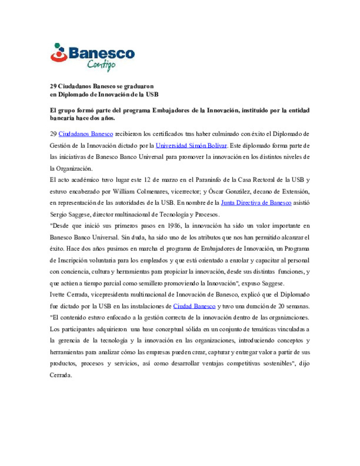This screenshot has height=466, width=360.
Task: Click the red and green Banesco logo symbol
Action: pos(59,53)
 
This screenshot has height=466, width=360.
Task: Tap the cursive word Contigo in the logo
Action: pos(101,64)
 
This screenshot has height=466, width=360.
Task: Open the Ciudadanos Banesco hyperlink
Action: pos(86,134)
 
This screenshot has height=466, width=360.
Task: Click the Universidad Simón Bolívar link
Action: pos(191,146)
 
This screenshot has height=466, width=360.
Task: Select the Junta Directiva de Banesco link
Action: pos(256,203)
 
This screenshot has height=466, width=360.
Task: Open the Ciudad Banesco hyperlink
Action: pos(194,306)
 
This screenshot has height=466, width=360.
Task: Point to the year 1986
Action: pos(173,226)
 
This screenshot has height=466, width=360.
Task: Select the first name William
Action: pos(124,191)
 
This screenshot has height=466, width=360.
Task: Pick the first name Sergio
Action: pos(58,214)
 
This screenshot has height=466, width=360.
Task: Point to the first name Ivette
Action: pos(57,295)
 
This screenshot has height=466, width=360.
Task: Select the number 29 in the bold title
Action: pos(53,86)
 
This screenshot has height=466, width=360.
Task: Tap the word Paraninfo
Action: pos(208,180)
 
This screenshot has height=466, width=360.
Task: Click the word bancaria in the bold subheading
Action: pos(62,118)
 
